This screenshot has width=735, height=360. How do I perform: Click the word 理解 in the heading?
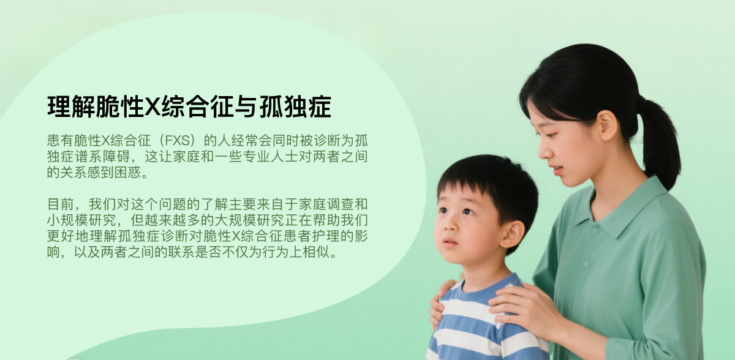(71, 107)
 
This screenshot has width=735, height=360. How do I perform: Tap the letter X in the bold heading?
(153, 107)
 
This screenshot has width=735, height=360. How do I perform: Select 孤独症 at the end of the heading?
(295, 107)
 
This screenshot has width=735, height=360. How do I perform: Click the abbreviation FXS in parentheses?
(177, 141)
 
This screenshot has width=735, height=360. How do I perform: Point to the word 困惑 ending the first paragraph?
(127, 172)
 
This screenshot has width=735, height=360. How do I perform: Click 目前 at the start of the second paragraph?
(61, 204)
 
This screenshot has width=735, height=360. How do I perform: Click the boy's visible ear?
(512, 234)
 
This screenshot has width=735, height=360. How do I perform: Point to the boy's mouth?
(450, 243)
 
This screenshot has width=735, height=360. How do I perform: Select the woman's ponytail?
(660, 141)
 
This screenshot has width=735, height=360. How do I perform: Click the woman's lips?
(557, 170)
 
